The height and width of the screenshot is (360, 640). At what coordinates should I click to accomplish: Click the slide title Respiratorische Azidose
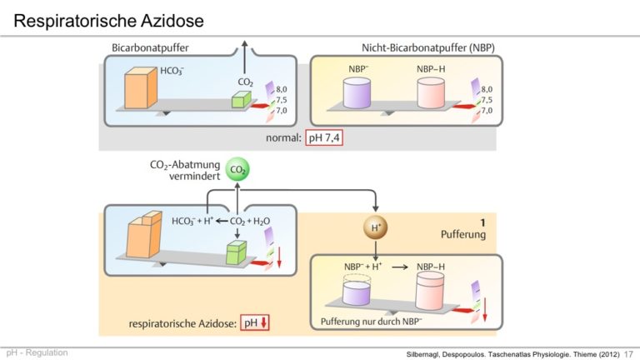[x=108, y=21]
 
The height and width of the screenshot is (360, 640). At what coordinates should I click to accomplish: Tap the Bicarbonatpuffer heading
[x=150, y=47]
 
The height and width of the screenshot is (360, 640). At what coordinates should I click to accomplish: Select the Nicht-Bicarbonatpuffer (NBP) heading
[x=428, y=47]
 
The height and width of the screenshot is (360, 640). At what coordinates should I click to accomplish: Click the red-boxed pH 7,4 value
[x=324, y=138]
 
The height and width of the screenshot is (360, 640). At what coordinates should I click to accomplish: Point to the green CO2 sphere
[x=237, y=169]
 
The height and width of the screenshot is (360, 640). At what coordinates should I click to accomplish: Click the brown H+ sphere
[x=376, y=227]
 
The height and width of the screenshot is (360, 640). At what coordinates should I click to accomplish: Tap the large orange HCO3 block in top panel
[x=140, y=88]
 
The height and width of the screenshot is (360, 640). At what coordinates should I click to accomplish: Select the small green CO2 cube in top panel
[x=241, y=100]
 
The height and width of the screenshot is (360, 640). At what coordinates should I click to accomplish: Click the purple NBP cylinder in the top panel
[x=357, y=93]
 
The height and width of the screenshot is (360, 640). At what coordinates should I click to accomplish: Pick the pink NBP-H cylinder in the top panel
[x=431, y=93]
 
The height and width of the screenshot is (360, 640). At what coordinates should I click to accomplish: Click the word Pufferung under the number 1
[x=463, y=234]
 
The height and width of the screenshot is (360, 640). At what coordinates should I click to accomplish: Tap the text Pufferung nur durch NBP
[x=371, y=322]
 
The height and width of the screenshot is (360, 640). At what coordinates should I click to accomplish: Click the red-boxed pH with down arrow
[x=255, y=322]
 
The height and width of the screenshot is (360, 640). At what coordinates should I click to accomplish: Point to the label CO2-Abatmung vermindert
[x=185, y=170]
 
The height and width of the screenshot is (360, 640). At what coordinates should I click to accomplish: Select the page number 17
[x=628, y=354]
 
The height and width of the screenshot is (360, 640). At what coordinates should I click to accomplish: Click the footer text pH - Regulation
[x=37, y=352]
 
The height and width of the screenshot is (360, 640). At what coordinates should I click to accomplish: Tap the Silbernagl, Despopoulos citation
[x=512, y=354]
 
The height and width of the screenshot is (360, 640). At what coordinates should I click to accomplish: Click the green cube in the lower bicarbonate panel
[x=237, y=252]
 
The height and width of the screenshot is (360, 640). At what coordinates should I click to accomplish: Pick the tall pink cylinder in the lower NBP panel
[x=430, y=291]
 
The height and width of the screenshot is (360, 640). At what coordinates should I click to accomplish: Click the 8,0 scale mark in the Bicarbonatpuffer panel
[x=281, y=89]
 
